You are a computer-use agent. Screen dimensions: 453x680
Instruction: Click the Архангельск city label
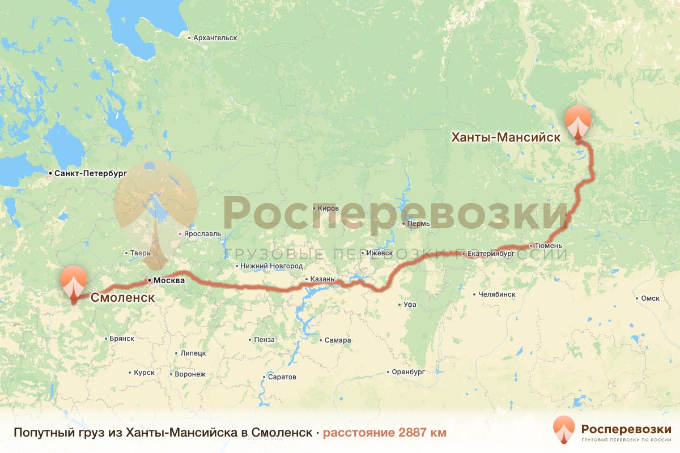pyautogui.click(x=214, y=38)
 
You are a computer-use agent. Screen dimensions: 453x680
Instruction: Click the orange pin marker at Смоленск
pyautogui.click(x=74, y=282)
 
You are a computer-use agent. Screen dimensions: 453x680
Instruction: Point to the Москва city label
pyautogui.click(x=169, y=280)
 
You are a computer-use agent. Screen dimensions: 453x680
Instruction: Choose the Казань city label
pyautogui.click(x=323, y=279)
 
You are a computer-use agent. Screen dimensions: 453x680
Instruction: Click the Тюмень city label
pyautogui.click(x=549, y=246)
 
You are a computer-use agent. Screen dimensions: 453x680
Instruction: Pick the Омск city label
pyautogui.click(x=650, y=298)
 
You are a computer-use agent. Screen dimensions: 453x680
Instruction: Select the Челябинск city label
pyautogui.click(x=496, y=294)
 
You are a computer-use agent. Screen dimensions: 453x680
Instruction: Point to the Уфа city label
pyautogui.click(x=410, y=305)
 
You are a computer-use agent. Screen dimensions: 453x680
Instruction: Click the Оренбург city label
pyautogui.click(x=408, y=372)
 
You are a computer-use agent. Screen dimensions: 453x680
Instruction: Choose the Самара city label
pyautogui.click(x=338, y=340)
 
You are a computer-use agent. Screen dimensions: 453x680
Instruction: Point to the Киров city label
pyautogui.click(x=328, y=208)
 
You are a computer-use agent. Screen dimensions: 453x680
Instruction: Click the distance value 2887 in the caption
pyautogui.click(x=414, y=433)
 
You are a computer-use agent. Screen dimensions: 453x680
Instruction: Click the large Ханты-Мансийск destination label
pyautogui.click(x=505, y=137)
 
